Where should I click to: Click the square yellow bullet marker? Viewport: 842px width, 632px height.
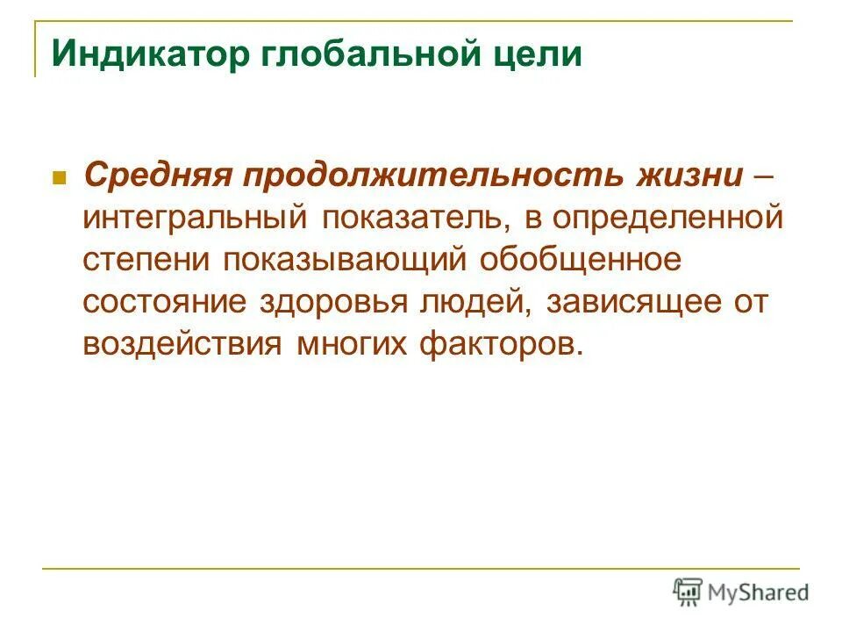[61, 176]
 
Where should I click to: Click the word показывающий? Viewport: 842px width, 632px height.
[346, 259]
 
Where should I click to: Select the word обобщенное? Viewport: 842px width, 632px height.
[582, 259]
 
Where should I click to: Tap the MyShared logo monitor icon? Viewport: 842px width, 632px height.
[688, 591]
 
